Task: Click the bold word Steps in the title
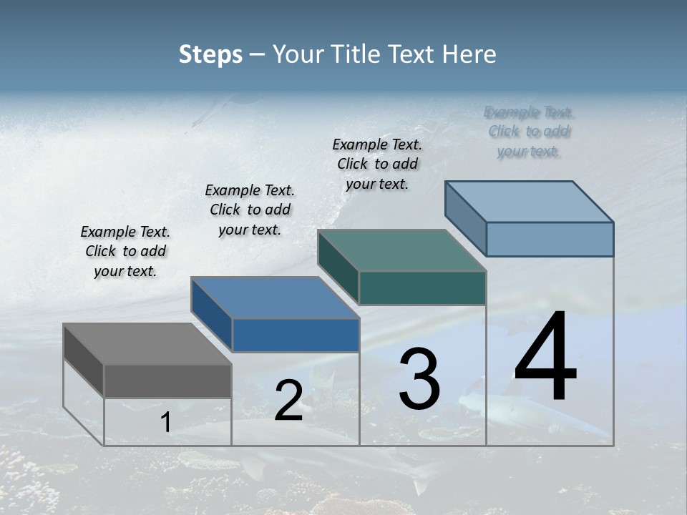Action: click(210, 54)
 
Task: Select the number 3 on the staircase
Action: click(419, 379)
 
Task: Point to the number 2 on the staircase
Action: click(288, 401)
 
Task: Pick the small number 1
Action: click(166, 423)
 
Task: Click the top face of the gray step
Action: click(147, 344)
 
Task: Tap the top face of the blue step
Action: click(275, 298)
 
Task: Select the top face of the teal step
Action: click(402, 250)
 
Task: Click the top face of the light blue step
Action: click(530, 202)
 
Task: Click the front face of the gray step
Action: click(167, 381)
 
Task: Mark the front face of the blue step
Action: click(296, 335)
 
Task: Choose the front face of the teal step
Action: click(422, 288)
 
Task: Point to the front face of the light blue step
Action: click(550, 239)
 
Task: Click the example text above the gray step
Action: click(125, 252)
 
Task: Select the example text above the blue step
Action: click(250, 210)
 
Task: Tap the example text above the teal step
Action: click(377, 164)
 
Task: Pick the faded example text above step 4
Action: click(528, 132)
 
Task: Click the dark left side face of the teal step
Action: click(338, 266)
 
